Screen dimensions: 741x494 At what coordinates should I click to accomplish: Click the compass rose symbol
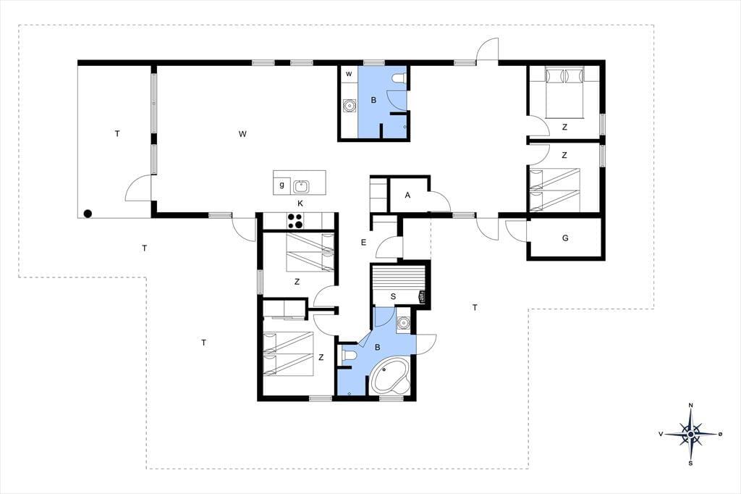coord(691,433)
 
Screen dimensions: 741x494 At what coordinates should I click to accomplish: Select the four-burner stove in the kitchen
coord(296,221)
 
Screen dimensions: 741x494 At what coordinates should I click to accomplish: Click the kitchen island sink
coord(301,186)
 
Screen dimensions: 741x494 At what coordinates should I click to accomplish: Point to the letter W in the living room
coord(242,134)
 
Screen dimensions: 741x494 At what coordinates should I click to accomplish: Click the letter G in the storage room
coord(565,238)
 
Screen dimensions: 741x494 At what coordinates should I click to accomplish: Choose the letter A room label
coord(408,195)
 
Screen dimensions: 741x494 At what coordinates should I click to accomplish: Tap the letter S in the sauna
coord(393,297)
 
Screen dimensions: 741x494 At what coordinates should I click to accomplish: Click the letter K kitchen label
coord(300,204)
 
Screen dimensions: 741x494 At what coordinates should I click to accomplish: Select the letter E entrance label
coord(363,243)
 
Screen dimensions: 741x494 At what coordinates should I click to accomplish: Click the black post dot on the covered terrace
coord(88,214)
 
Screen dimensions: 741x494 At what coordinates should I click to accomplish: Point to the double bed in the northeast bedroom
coord(564,92)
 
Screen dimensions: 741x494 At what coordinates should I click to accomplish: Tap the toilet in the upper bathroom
coord(399,78)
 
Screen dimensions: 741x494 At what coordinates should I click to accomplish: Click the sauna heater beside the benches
coord(422,298)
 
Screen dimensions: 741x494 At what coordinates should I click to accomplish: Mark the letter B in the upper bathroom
coord(373,100)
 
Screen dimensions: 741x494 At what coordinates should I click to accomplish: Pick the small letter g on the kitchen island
coord(281,185)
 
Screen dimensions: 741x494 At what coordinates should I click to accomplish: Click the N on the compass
coord(691,405)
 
